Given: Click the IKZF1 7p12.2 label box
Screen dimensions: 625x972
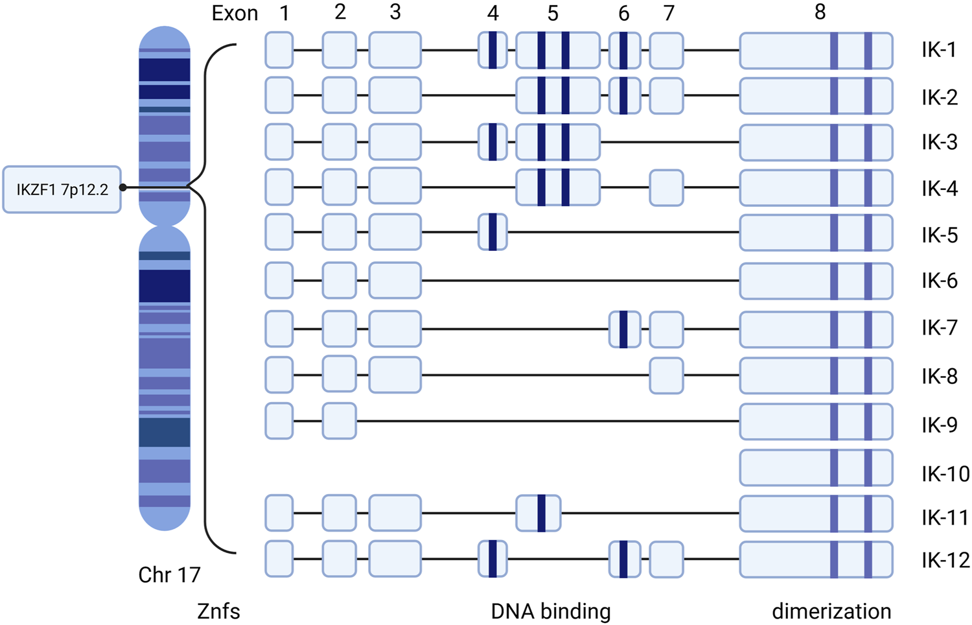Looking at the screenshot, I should coord(62,189).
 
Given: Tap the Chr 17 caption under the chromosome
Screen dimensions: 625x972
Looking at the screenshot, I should coord(169,574).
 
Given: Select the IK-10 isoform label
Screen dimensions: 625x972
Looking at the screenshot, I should coord(945,474).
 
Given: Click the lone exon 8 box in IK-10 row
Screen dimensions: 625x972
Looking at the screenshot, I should coord(816,467).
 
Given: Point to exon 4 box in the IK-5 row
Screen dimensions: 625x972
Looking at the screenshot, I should coord(492,232).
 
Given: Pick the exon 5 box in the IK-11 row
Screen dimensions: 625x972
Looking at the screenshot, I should coord(538,513).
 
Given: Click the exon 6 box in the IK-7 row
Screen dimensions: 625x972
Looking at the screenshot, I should coord(624,329).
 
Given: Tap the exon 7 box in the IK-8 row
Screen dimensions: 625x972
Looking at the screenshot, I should coord(666,375).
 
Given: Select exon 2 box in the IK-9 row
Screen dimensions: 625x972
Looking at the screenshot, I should coord(340,421).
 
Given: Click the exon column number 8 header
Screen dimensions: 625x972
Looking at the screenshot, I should coord(820,12).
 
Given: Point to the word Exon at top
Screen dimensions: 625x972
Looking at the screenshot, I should coord(235,14).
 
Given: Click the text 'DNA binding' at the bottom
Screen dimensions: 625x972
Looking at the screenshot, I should coord(551,611).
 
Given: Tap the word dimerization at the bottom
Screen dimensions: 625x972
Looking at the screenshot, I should coord(831,611).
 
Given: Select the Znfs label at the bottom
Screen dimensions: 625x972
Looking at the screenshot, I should coord(218,611).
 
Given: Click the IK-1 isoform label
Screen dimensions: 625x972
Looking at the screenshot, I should coord(939,50).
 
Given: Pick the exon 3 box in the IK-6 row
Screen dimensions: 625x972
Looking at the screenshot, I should coord(395,281).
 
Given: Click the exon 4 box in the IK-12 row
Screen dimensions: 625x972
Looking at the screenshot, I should coord(492,559).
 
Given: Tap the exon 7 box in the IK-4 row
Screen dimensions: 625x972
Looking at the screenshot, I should coord(666,188).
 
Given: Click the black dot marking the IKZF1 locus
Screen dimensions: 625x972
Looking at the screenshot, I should coord(123,187).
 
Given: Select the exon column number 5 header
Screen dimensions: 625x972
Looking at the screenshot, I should coord(552,13).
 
